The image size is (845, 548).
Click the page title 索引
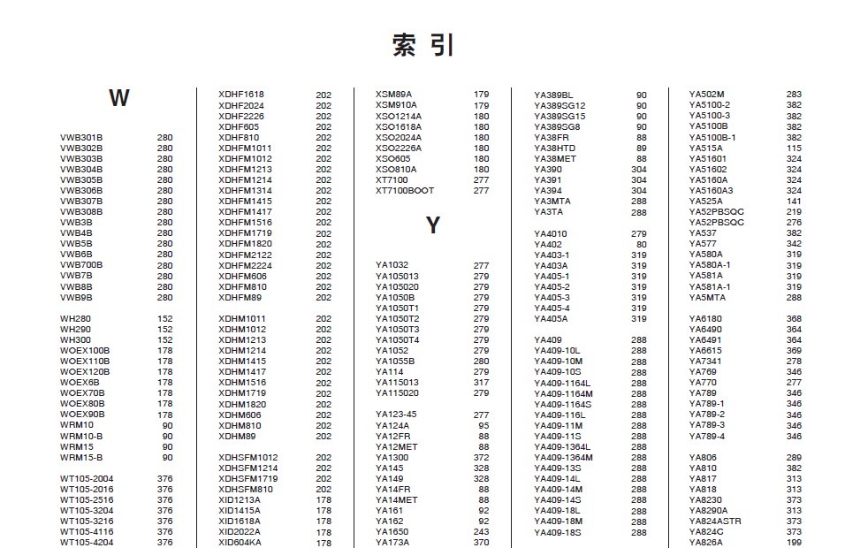423,45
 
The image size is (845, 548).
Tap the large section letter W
119,98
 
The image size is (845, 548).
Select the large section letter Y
432,225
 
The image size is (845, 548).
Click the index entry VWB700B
81,265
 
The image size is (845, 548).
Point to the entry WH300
75,339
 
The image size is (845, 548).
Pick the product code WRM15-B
81,457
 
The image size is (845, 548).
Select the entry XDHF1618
241,95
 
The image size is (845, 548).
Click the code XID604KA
240,543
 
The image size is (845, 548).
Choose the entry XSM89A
394,95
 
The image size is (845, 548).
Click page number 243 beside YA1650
481,532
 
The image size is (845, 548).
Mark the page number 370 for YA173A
481,543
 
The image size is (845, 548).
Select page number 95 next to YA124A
483,425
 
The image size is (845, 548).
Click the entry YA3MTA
552,202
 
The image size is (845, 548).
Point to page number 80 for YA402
641,245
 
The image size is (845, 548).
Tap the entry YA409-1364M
563,457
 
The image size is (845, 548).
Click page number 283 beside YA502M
794,95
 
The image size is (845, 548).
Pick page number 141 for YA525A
794,202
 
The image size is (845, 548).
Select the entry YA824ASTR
715,521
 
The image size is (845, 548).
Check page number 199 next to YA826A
794,543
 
